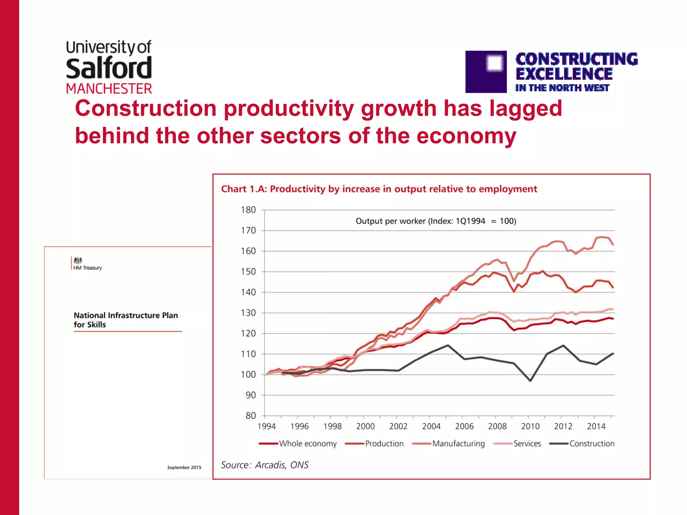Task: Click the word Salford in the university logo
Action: point(109,68)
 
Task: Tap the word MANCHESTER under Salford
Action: point(109,89)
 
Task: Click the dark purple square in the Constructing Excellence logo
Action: point(486,72)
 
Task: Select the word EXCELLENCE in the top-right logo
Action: point(564,74)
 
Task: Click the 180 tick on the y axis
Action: point(248,210)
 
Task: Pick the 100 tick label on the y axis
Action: point(248,375)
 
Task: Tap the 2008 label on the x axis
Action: point(497,426)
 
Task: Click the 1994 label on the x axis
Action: point(266,426)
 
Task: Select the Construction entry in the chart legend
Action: point(591,444)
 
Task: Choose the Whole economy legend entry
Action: point(307,444)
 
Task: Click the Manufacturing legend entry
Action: point(458,444)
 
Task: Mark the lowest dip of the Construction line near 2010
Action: point(530,381)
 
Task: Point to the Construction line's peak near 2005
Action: point(448,345)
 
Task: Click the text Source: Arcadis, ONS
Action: point(265,465)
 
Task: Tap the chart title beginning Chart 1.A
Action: point(379,189)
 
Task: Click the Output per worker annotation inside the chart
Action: point(436,221)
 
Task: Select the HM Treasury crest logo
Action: point(78,261)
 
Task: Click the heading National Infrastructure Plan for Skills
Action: point(125,320)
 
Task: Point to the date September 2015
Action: point(184,467)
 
